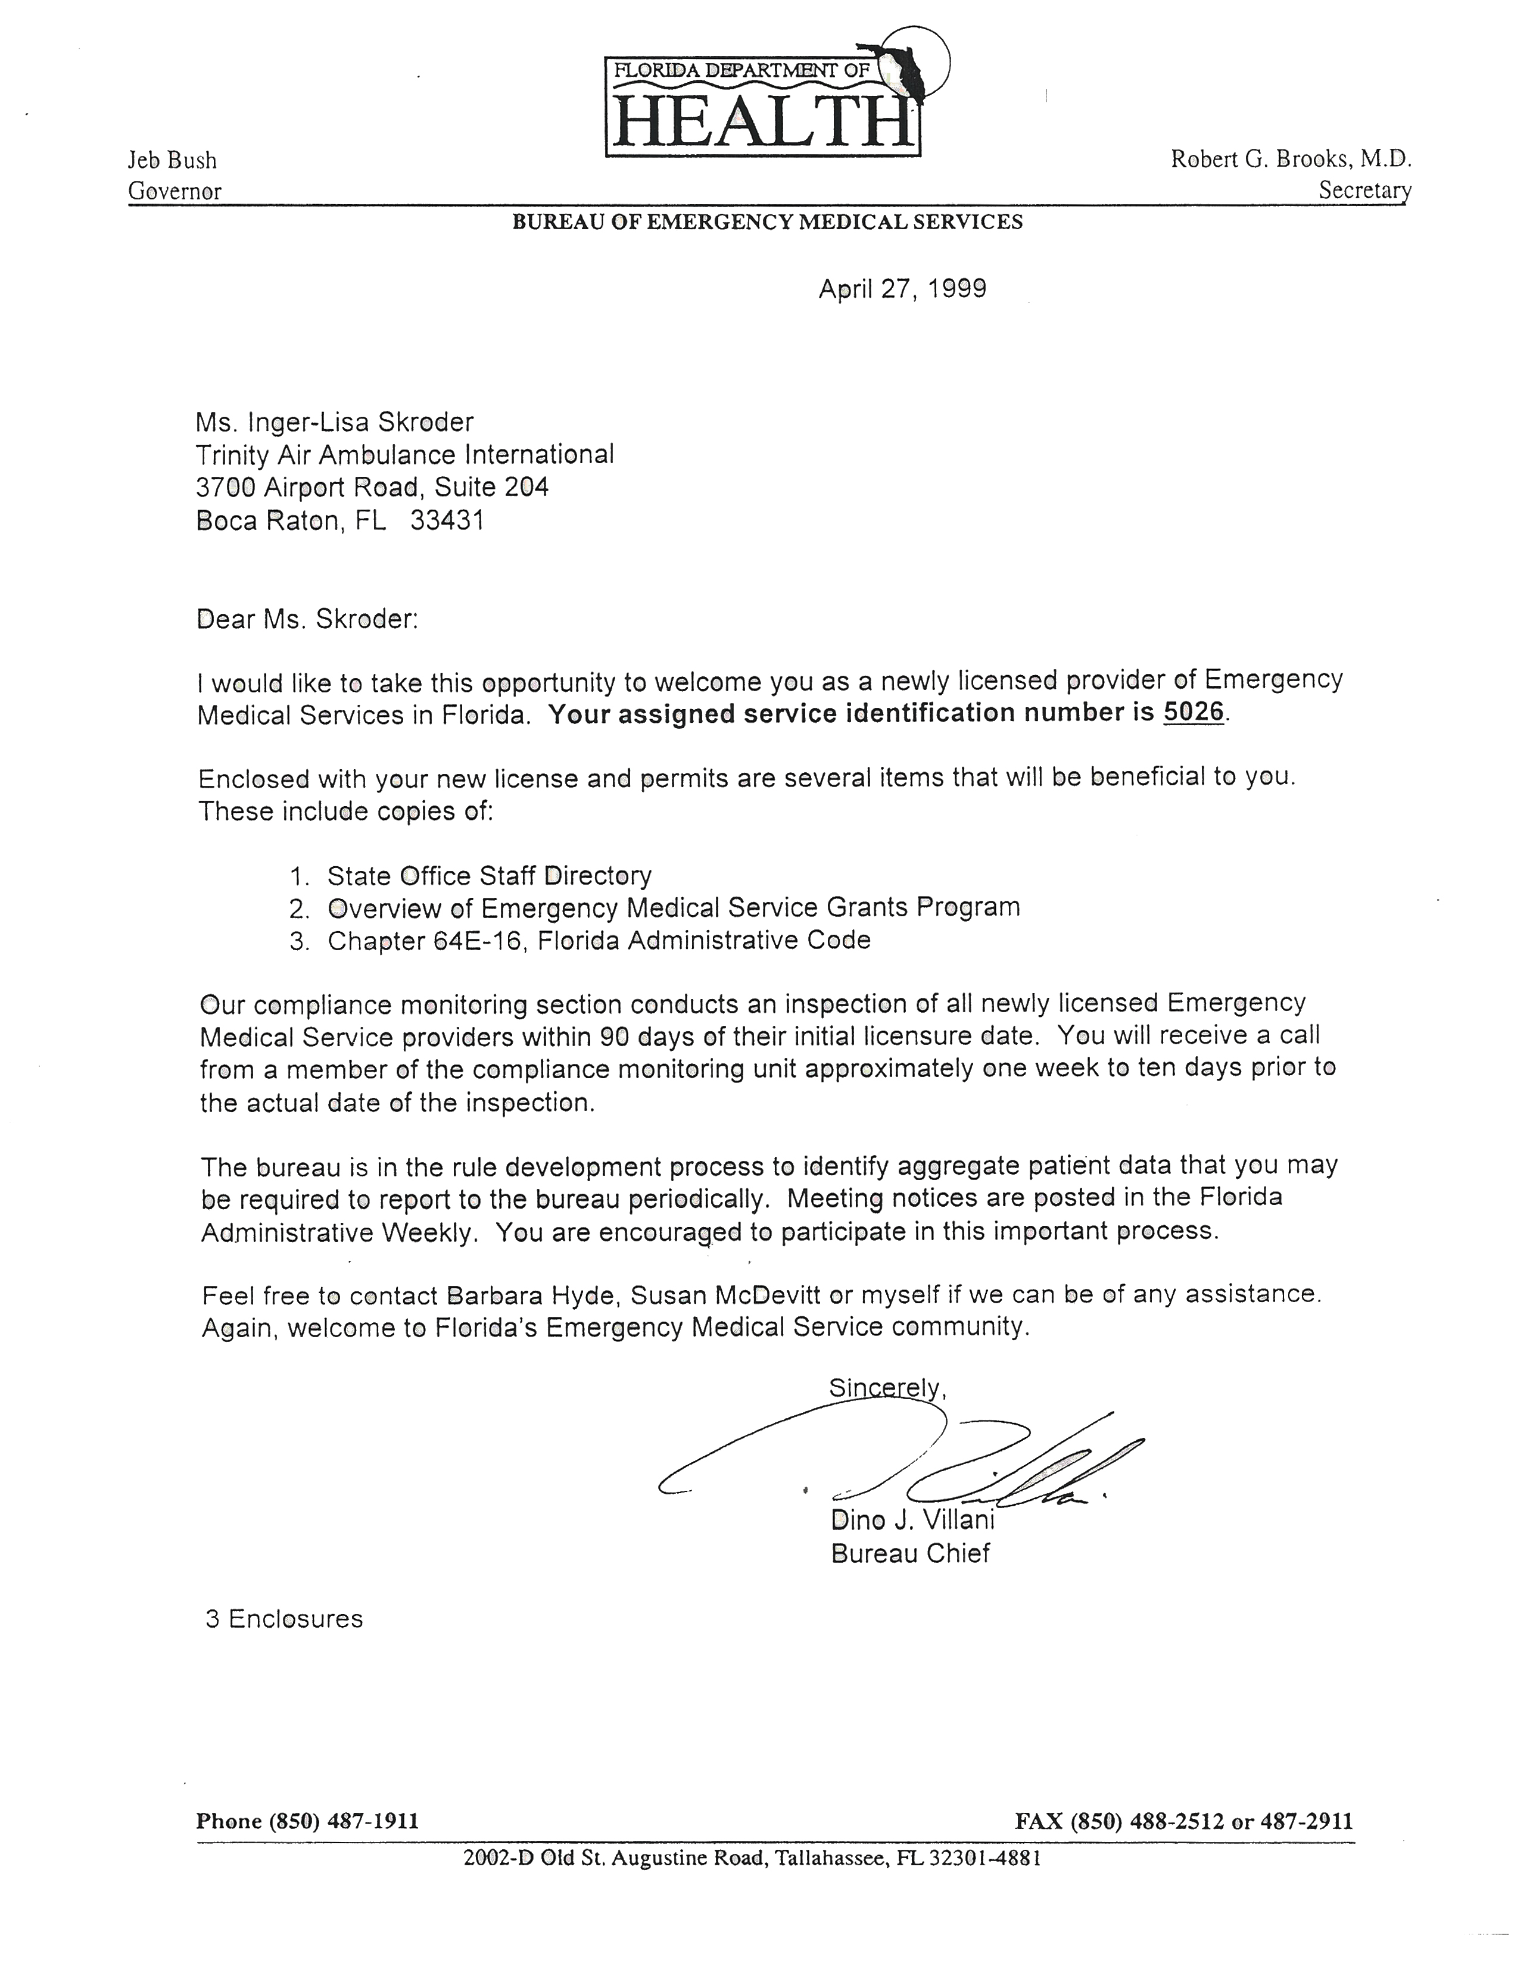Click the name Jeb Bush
point(172,160)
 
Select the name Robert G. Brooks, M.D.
point(1291,159)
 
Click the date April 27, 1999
point(902,289)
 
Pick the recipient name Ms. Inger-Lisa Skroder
point(335,423)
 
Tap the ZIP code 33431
point(447,520)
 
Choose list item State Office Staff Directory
point(489,876)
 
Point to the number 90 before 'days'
point(615,1037)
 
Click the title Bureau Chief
point(911,1553)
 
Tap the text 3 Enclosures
point(284,1619)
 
